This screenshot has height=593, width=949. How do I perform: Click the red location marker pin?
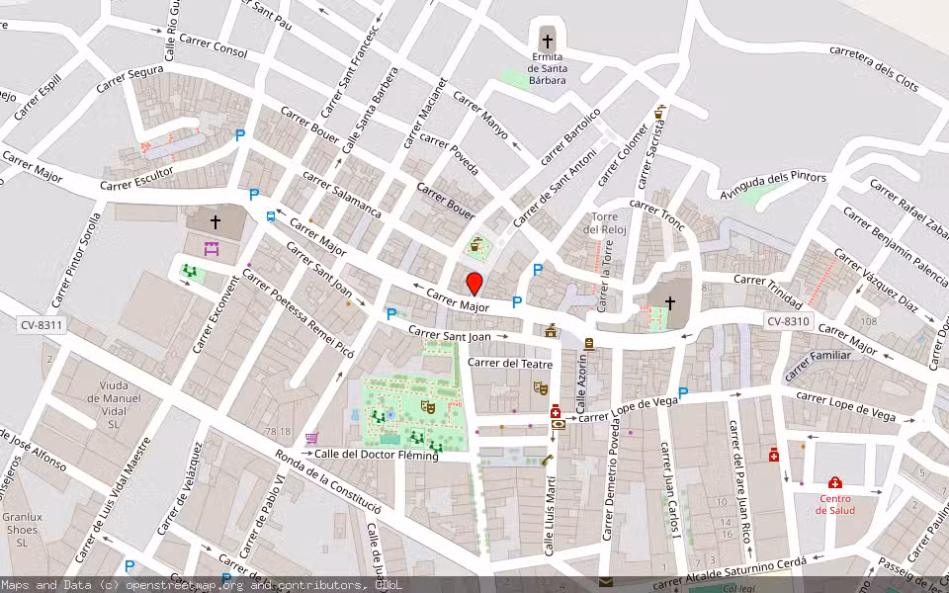pyautogui.click(x=474, y=284)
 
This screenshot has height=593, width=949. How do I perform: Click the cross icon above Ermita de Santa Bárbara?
pyautogui.click(x=547, y=42)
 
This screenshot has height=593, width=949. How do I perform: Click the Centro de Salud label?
pyautogui.click(x=834, y=504)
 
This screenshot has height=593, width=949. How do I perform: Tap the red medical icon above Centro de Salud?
pyautogui.click(x=835, y=482)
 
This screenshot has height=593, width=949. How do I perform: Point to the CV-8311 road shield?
pyautogui.click(x=41, y=324)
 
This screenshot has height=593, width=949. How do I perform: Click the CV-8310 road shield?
pyautogui.click(x=788, y=321)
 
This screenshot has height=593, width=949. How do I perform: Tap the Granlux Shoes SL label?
pyautogui.click(x=22, y=530)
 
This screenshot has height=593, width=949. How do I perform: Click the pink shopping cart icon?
pyautogui.click(x=312, y=438)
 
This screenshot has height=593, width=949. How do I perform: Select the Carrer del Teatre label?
pyautogui.click(x=508, y=363)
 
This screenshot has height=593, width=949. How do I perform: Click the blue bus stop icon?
pyautogui.click(x=271, y=216)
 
